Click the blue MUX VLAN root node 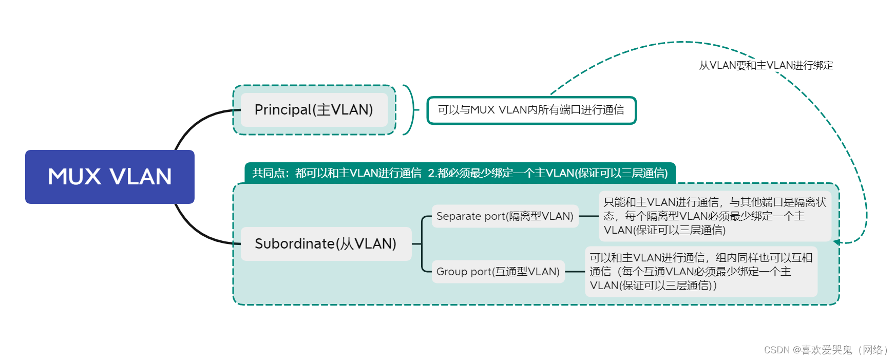click(x=110, y=177)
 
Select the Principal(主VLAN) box click(x=314, y=110)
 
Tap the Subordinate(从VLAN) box click(x=326, y=243)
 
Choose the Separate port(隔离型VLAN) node click(x=505, y=216)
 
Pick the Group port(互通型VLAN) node click(x=498, y=272)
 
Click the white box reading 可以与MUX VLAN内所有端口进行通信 click(x=531, y=110)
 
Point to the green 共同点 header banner click(x=460, y=173)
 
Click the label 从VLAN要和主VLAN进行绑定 click(x=766, y=65)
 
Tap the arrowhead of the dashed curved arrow click(x=836, y=242)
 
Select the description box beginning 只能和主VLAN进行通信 click(x=714, y=216)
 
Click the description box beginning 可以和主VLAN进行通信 click(x=700, y=272)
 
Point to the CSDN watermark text click(x=825, y=350)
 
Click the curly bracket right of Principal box click(x=410, y=110)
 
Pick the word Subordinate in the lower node click(x=294, y=243)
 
